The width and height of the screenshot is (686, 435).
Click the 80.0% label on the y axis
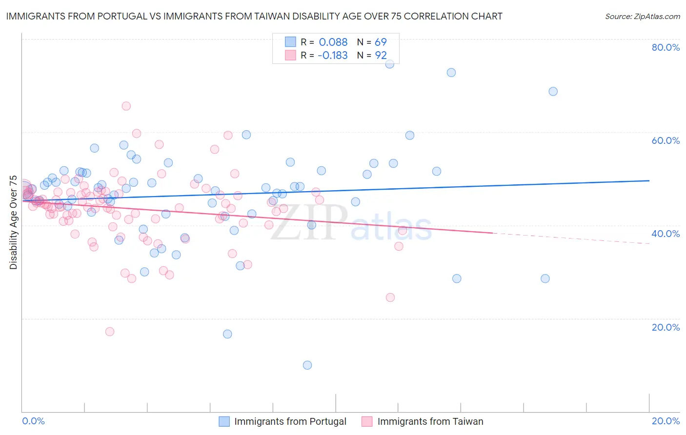point(666,47)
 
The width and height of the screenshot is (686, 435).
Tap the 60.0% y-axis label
point(666,140)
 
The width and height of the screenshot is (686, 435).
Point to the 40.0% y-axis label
point(666,234)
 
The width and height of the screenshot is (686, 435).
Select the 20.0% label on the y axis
point(666,327)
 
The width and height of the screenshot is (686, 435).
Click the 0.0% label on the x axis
point(33,421)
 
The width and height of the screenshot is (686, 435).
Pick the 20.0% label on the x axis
point(666,421)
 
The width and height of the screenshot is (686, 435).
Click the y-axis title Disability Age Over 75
point(14,222)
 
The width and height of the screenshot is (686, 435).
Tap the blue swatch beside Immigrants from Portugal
point(224,421)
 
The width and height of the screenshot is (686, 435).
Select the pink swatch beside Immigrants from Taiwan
point(367,421)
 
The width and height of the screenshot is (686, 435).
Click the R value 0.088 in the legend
point(333,42)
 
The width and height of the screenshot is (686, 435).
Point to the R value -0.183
point(332,55)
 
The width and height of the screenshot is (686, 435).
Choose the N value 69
point(381,42)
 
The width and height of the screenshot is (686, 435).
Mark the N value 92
point(381,55)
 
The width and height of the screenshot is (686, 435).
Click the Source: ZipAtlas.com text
point(642,16)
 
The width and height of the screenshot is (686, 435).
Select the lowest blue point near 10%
point(307,365)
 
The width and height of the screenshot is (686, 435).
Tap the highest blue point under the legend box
point(389,64)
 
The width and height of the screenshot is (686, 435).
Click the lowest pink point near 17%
point(110,332)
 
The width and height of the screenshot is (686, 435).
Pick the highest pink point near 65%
point(126,106)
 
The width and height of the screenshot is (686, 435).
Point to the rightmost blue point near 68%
point(553,91)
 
